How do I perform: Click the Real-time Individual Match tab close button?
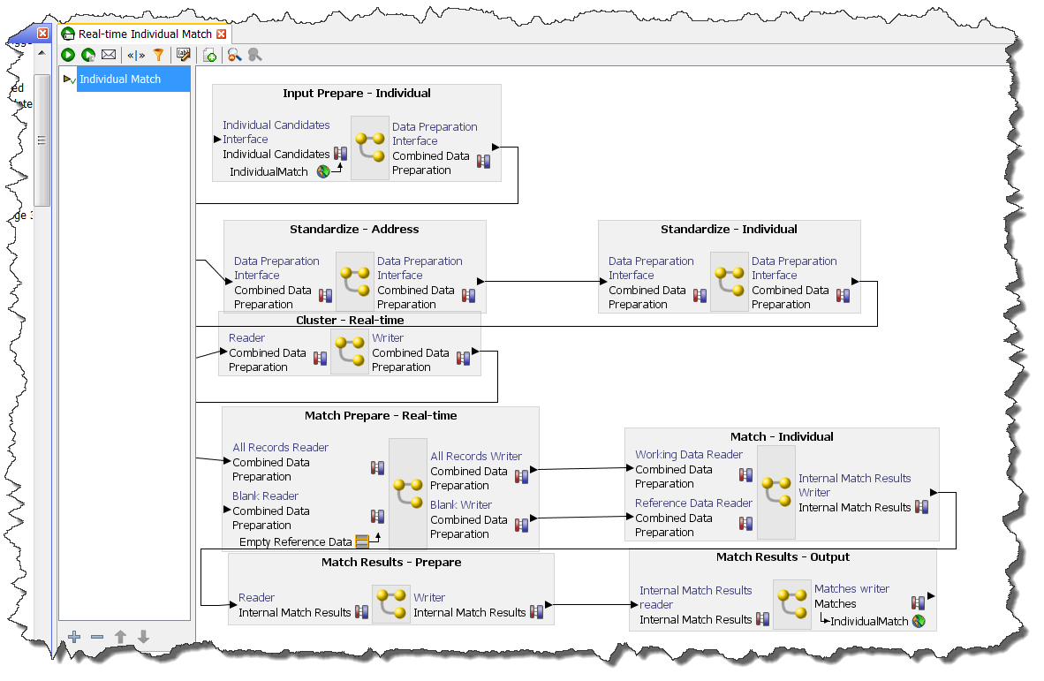tap(222, 34)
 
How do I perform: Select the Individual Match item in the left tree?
tap(120, 79)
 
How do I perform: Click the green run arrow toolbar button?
tap(68, 55)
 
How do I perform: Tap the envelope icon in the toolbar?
tap(109, 55)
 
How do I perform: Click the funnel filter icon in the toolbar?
tap(159, 55)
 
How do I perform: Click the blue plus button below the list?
tap(74, 636)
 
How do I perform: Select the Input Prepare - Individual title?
tap(357, 94)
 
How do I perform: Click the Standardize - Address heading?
tap(354, 230)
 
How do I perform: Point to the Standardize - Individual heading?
tap(729, 230)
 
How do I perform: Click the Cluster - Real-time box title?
tap(350, 321)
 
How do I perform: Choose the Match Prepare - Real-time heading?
tap(381, 416)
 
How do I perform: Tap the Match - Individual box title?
tap(782, 437)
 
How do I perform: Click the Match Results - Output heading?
tap(783, 557)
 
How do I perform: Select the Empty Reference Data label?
tap(295, 542)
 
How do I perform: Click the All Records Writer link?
tap(476, 457)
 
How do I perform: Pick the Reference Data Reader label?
tap(693, 503)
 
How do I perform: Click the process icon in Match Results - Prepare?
tap(391, 604)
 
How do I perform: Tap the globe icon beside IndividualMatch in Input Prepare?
tap(323, 172)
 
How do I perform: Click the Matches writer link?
tap(851, 589)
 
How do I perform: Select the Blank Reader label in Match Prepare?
tap(265, 496)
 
